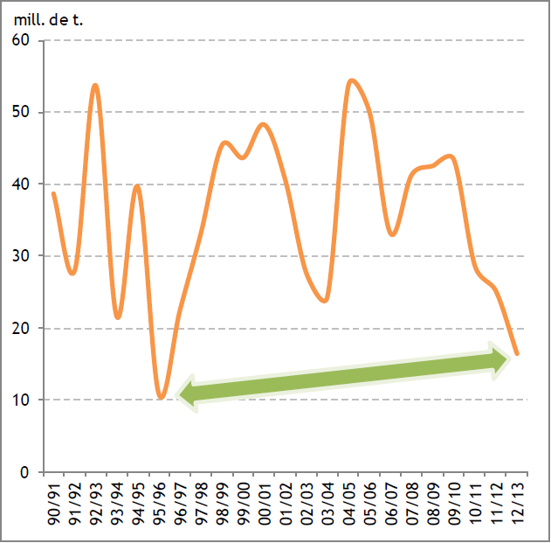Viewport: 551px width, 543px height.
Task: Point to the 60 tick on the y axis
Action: [21, 40]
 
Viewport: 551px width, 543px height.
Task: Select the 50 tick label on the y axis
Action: [21, 112]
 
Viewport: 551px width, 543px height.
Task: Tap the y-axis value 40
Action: [21, 184]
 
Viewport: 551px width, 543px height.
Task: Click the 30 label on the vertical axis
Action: [21, 256]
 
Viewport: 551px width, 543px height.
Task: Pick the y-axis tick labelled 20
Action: [21, 328]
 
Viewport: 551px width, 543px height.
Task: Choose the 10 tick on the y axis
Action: [21, 400]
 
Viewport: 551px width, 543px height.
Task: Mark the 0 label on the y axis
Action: [26, 472]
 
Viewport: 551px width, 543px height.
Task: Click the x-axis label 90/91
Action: [54, 503]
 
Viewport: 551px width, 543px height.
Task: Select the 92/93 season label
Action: [96, 503]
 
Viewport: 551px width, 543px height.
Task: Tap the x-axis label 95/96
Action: [160, 503]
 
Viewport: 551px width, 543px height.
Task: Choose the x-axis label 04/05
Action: [350, 503]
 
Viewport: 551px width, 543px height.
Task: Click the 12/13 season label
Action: [519, 503]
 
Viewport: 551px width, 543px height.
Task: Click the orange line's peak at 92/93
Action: [95, 85]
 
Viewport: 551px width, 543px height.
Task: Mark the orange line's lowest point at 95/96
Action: [161, 399]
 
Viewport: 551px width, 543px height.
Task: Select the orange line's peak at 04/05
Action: [351, 80]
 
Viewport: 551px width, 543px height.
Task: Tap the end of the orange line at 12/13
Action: [518, 354]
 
